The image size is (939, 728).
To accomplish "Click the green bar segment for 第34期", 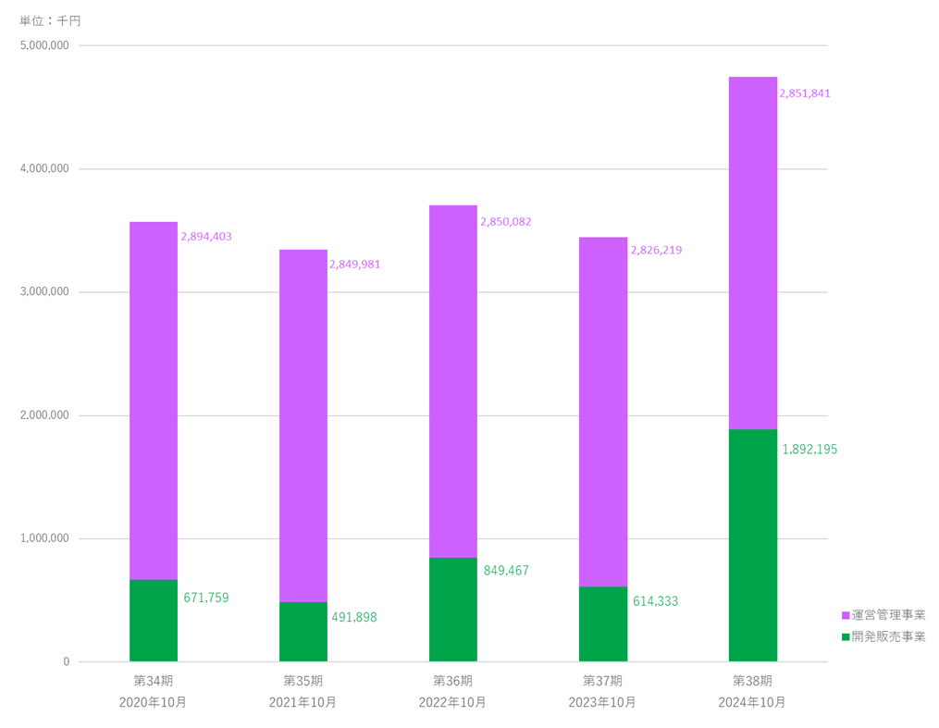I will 154,620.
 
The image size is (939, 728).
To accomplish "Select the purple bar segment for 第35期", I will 303,426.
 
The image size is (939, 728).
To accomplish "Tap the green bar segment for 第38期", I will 753,545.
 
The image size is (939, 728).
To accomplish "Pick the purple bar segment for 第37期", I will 603,412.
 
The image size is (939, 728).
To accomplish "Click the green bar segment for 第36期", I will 453,609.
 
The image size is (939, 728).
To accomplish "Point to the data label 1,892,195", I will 809,450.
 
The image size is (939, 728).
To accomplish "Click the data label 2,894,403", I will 206,237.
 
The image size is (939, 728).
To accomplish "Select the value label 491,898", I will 354,617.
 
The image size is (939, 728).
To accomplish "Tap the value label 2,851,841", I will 804,93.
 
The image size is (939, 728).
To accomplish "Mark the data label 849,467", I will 506,571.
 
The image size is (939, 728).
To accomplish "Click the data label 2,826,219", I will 656,251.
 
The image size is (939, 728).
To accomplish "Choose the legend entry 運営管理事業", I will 883,615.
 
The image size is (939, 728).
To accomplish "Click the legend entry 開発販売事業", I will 883,636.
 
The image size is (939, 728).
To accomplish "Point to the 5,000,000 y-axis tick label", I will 43,45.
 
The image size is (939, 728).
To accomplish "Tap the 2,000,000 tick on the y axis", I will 43,415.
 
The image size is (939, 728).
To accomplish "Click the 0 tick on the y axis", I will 66,661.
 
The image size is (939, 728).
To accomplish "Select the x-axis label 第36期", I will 453,681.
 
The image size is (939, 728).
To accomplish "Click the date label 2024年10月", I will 752,702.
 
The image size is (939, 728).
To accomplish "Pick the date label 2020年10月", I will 154,702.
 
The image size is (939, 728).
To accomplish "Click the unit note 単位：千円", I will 51,20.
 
